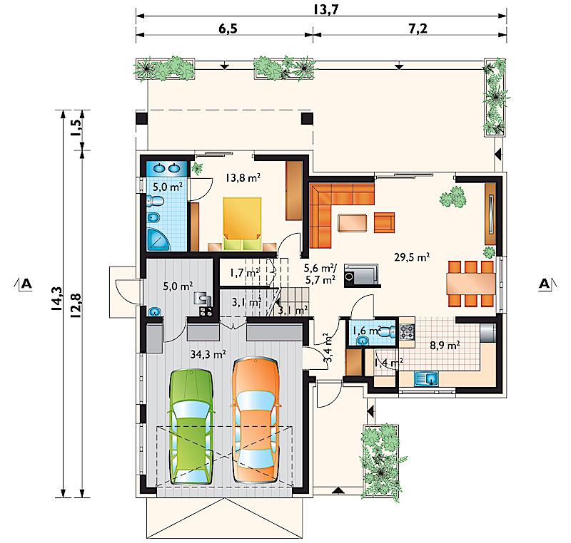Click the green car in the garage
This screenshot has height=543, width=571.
click(191, 427)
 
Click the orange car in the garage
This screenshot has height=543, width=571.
click(255, 420)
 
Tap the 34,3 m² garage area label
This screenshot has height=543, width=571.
click(208, 354)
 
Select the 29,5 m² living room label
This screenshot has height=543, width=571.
click(412, 257)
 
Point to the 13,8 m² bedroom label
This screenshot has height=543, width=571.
click(243, 177)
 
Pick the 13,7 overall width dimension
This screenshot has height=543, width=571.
click(326, 9)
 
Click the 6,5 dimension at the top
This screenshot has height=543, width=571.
click(228, 29)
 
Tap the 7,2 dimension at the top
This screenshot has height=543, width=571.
click(418, 29)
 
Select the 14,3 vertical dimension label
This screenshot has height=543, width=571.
click(57, 299)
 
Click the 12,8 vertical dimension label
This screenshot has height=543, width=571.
click(76, 306)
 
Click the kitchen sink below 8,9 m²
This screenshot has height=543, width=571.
click(426, 378)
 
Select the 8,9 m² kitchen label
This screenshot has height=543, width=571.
click(445, 345)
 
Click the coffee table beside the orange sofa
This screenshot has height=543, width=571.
click(352, 223)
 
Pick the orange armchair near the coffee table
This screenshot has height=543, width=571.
click(384, 222)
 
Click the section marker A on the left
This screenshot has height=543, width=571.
click(26, 283)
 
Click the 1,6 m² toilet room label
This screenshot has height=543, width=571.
click(367, 331)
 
